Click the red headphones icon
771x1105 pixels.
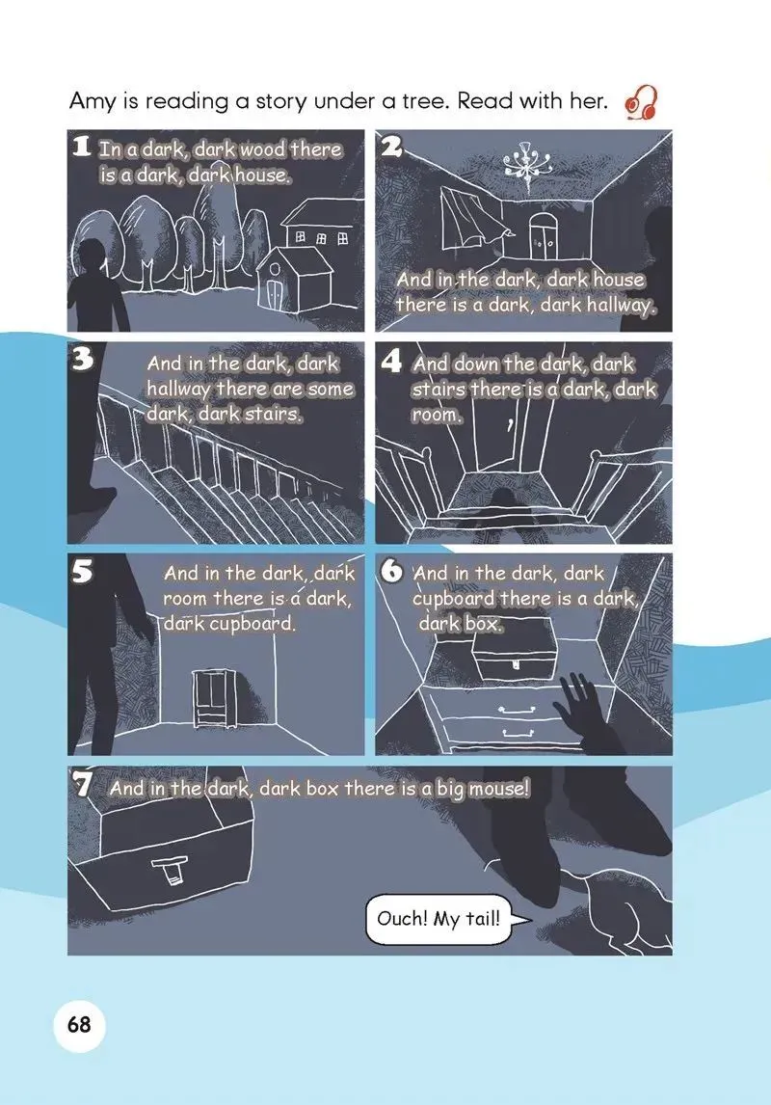(642, 103)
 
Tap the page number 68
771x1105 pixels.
(79, 1023)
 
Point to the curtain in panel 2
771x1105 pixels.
(469, 220)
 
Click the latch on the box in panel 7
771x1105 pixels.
(169, 868)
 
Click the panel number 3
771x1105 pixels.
(83, 360)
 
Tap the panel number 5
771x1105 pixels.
(83, 572)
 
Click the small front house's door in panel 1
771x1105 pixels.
(275, 295)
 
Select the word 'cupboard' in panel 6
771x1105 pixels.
(454, 600)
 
